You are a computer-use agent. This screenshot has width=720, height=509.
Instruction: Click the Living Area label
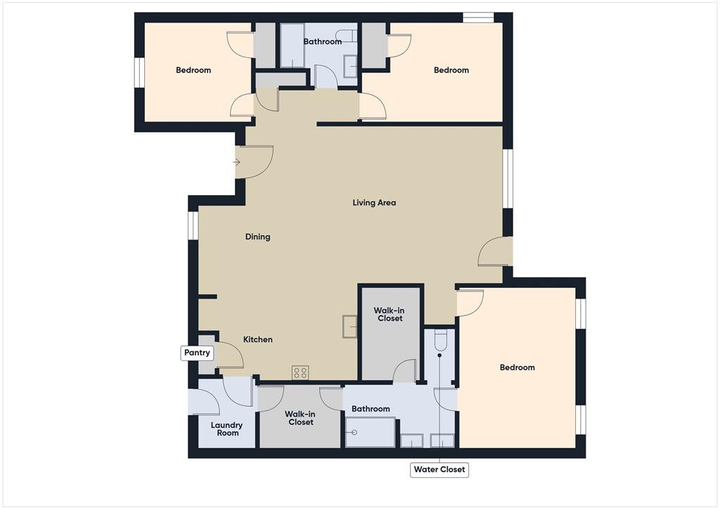tap(374, 203)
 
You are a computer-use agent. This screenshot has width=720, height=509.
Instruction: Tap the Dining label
tap(257, 237)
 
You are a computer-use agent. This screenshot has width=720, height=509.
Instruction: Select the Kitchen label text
tap(257, 339)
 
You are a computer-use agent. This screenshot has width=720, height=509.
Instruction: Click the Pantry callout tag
tap(197, 353)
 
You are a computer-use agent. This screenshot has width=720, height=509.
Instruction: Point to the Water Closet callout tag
tap(439, 470)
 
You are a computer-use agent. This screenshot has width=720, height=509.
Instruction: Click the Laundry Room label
tap(228, 429)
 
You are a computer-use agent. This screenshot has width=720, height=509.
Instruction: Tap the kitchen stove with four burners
tap(300, 372)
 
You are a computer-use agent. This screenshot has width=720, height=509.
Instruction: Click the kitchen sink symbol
tap(350, 327)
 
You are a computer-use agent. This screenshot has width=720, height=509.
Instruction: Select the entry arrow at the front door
tap(237, 163)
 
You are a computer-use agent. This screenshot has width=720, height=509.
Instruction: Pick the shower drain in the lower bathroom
tap(354, 432)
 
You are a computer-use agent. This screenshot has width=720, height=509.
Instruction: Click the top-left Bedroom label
tap(193, 70)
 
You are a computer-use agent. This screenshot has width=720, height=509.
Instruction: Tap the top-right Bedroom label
tap(451, 70)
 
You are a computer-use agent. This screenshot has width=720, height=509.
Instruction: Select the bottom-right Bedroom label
tap(517, 367)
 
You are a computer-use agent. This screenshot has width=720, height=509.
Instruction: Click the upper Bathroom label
tap(322, 42)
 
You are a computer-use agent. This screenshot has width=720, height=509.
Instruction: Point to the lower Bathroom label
tap(371, 409)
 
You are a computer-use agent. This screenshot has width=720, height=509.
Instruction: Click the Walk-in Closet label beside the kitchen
tap(390, 315)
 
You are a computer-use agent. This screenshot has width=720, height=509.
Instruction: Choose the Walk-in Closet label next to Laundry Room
tap(301, 418)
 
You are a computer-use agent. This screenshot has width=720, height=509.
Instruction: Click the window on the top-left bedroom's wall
tap(140, 72)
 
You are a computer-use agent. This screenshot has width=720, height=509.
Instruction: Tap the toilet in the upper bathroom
tap(346, 36)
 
